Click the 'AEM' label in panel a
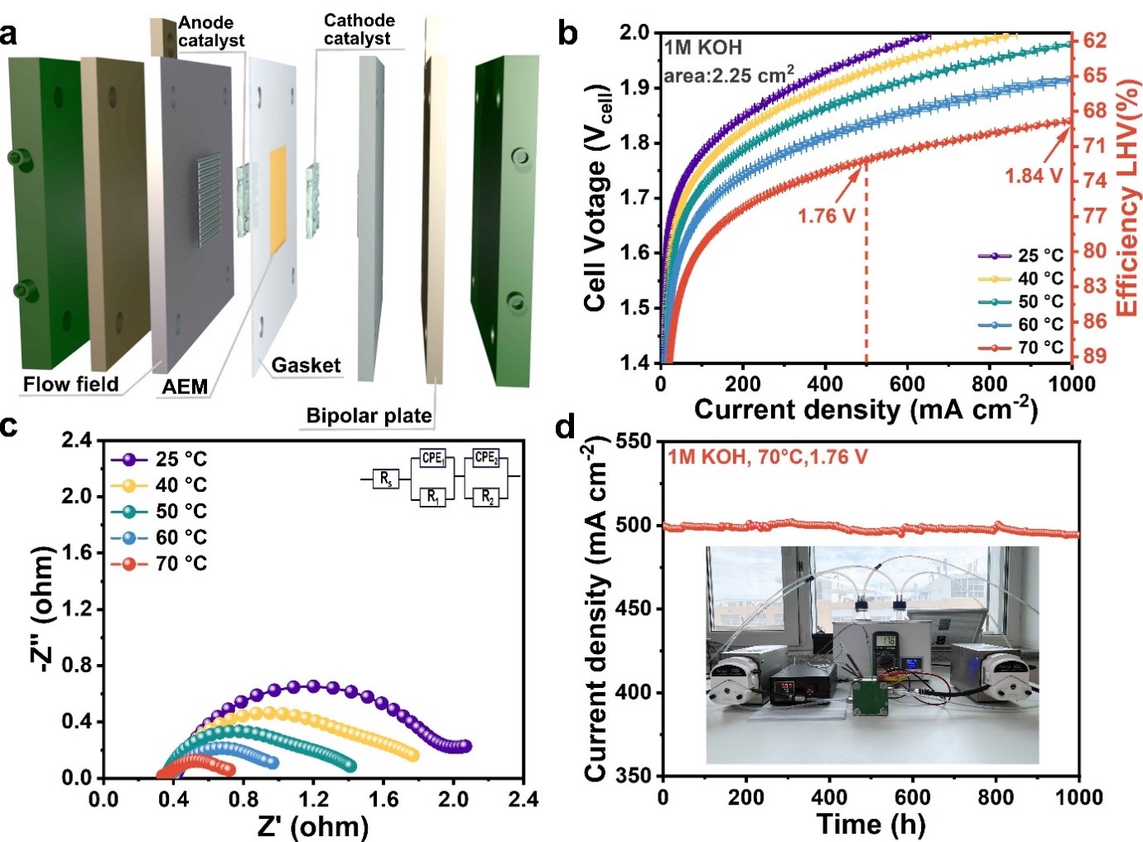point(185,387)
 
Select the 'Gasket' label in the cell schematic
point(306,365)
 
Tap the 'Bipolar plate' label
point(369,416)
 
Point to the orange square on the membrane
point(278,200)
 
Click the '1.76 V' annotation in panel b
point(826,216)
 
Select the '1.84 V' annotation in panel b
point(1033,176)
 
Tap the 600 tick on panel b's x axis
point(907,384)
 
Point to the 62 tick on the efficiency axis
point(1095,41)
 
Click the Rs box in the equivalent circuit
point(386,479)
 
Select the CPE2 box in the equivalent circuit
point(486,457)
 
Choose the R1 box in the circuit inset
point(433,497)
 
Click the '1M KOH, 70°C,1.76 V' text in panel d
point(767,457)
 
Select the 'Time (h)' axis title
point(871,825)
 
